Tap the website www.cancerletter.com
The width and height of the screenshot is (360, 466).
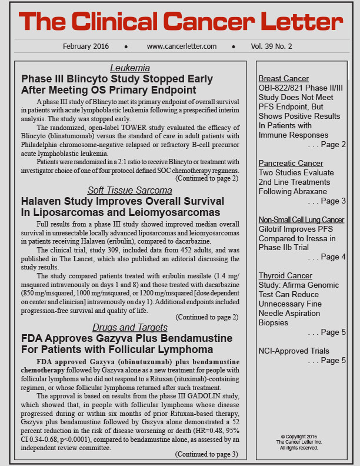point(182,46)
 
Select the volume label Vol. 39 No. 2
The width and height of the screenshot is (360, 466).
point(271,46)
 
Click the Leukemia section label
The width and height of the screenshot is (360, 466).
point(130,68)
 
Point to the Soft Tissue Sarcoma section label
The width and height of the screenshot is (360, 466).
point(129,190)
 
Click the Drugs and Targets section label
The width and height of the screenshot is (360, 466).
point(129,327)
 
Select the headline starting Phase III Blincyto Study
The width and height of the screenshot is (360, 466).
point(109,84)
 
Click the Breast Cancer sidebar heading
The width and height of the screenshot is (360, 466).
point(284,78)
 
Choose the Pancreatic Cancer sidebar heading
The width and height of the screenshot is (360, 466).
point(291,163)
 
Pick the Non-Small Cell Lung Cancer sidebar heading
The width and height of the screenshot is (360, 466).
point(301,219)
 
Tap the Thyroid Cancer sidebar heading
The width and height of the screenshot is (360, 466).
point(285,275)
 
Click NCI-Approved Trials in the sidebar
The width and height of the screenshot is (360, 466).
point(294,351)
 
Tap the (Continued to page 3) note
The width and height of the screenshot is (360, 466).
point(206,454)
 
